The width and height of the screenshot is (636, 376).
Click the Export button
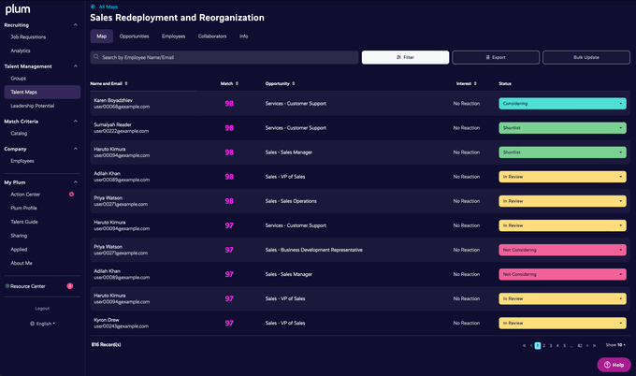click(x=497, y=57)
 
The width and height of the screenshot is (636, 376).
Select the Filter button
click(x=405, y=57)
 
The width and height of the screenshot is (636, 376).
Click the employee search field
click(x=224, y=57)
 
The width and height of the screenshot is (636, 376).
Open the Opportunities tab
click(x=135, y=36)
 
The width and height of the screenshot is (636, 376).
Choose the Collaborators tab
click(x=212, y=36)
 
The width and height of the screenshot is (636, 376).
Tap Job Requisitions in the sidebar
click(x=27, y=36)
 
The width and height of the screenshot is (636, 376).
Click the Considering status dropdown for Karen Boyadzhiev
click(x=562, y=103)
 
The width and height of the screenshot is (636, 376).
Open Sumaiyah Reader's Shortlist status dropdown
click(x=562, y=127)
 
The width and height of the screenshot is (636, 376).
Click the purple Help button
click(x=614, y=364)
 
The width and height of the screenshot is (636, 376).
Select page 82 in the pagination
click(x=580, y=345)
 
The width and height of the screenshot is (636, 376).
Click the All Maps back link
click(x=108, y=7)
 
